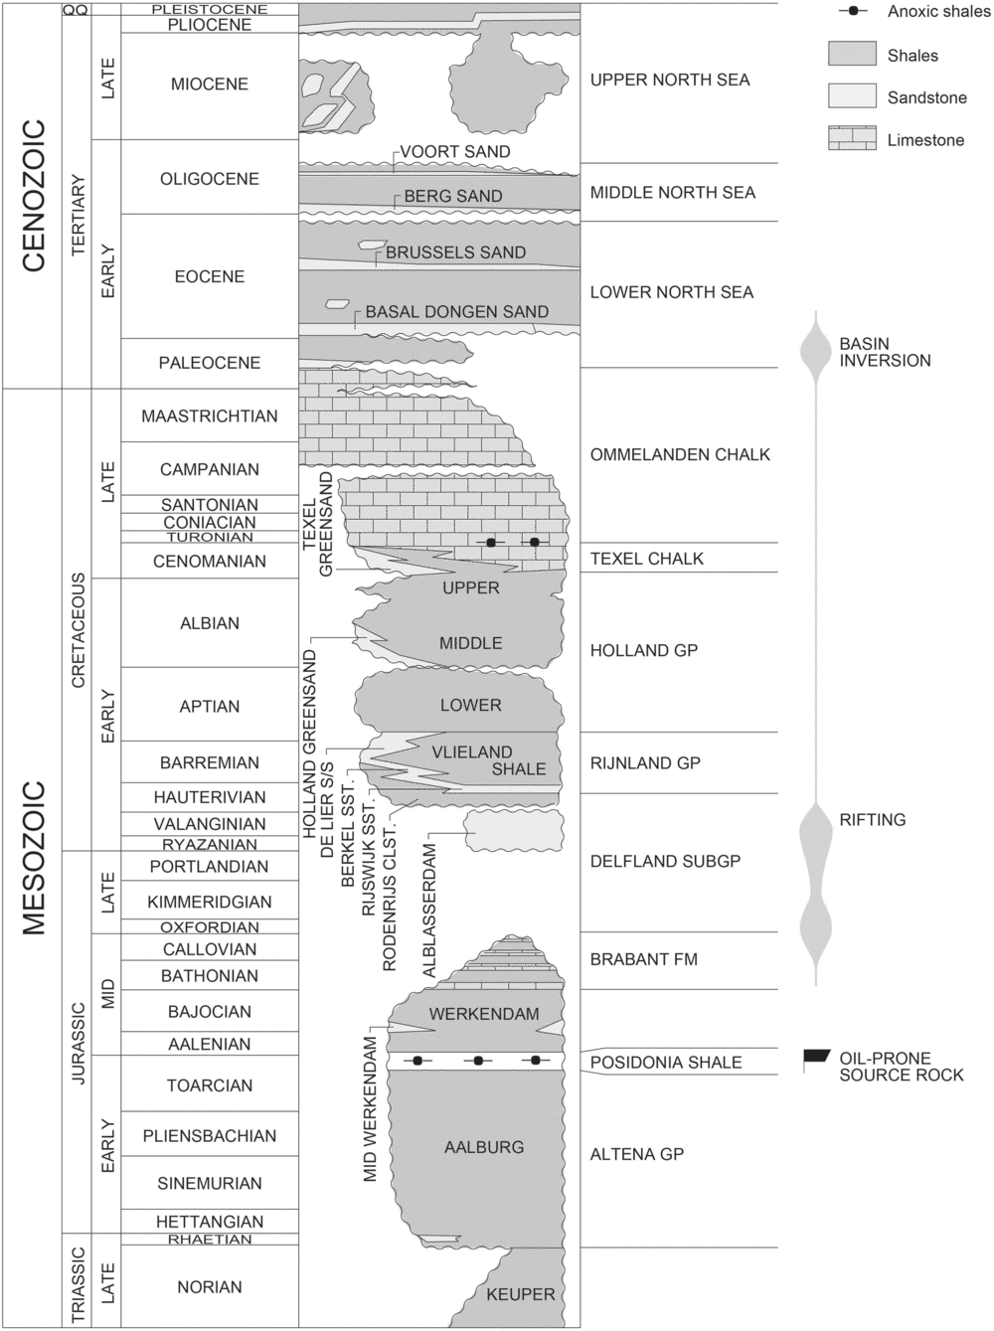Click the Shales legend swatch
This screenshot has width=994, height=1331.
click(x=852, y=54)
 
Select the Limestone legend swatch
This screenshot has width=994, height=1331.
click(x=852, y=138)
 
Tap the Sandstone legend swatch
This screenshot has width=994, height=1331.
click(x=852, y=95)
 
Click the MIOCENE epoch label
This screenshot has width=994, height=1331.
click(x=210, y=84)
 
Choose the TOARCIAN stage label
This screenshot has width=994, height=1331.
click(x=210, y=1085)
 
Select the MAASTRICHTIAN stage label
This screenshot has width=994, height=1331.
click(x=210, y=416)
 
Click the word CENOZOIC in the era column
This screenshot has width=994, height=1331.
click(x=34, y=195)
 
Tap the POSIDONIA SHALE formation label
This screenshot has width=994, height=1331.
click(x=666, y=1063)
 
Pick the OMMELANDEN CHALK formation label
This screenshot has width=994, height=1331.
click(x=680, y=454)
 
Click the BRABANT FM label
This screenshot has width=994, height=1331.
click(x=644, y=959)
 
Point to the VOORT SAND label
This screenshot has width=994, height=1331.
click(x=454, y=152)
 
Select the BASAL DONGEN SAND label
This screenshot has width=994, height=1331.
click(x=456, y=312)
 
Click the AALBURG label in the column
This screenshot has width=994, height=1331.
click(x=484, y=1147)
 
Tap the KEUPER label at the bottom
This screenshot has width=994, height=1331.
click(x=520, y=1294)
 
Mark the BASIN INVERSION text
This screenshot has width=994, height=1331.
click(x=885, y=352)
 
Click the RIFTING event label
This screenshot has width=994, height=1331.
click(x=872, y=820)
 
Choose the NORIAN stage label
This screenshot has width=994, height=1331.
click(x=210, y=1287)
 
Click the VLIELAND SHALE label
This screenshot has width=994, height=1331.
click(x=487, y=760)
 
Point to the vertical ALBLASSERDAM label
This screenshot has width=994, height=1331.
click(x=430, y=911)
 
